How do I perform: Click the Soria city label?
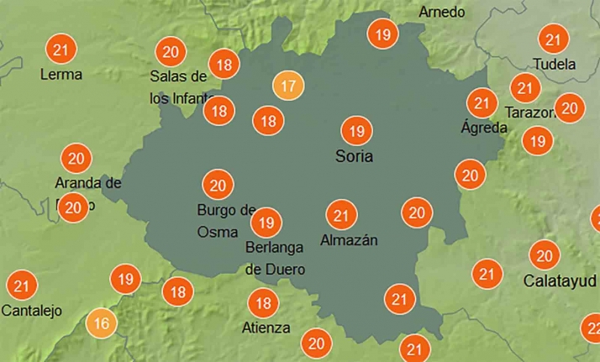pos(353,156)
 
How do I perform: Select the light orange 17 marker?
pos(288,86)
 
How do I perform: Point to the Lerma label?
pos(61,74)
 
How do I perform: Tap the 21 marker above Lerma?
pos(60,50)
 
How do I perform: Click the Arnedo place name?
pos(441,12)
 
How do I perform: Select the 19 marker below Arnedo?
pos(383,35)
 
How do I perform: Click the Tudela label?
pos(555,64)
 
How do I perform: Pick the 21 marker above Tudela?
pos(553,39)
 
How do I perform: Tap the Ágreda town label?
pos(484,128)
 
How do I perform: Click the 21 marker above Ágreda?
pos(482,103)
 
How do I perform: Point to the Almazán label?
pos(349,240)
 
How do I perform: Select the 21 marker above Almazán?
pos(340,215)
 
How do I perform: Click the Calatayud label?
pos(560,280)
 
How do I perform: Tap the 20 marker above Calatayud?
pos(545,255)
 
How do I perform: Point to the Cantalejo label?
pos(32,311)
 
